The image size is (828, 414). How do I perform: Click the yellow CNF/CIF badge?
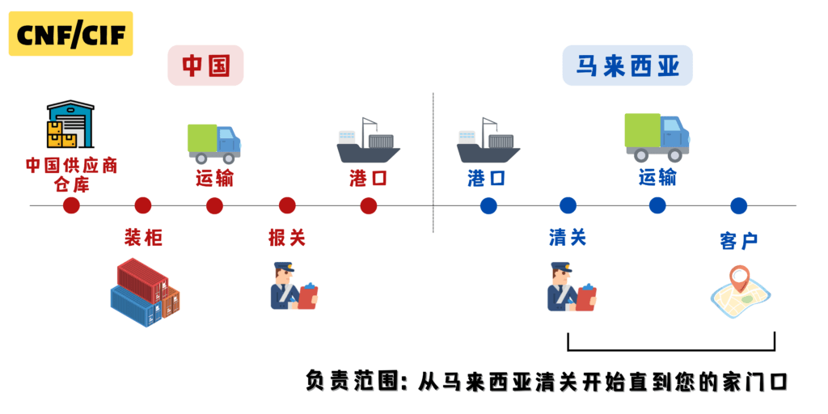click(x=70, y=34)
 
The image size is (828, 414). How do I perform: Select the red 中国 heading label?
click(x=205, y=65)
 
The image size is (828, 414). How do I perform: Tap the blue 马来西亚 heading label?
click(x=627, y=65)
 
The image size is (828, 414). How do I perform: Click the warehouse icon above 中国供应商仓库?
click(x=70, y=125)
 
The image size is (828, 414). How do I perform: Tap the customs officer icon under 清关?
click(x=571, y=287)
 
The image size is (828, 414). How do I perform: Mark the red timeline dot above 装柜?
click(x=143, y=205)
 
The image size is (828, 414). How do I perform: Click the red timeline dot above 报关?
click(x=287, y=205)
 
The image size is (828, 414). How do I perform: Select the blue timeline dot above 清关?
click(x=568, y=205)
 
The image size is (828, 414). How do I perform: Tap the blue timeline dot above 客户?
click(x=738, y=205)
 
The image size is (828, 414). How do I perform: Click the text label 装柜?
click(x=143, y=238)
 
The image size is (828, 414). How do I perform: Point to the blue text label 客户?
click(x=738, y=240)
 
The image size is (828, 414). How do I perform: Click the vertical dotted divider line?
click(x=433, y=162)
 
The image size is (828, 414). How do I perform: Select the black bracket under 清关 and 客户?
click(x=671, y=349)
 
